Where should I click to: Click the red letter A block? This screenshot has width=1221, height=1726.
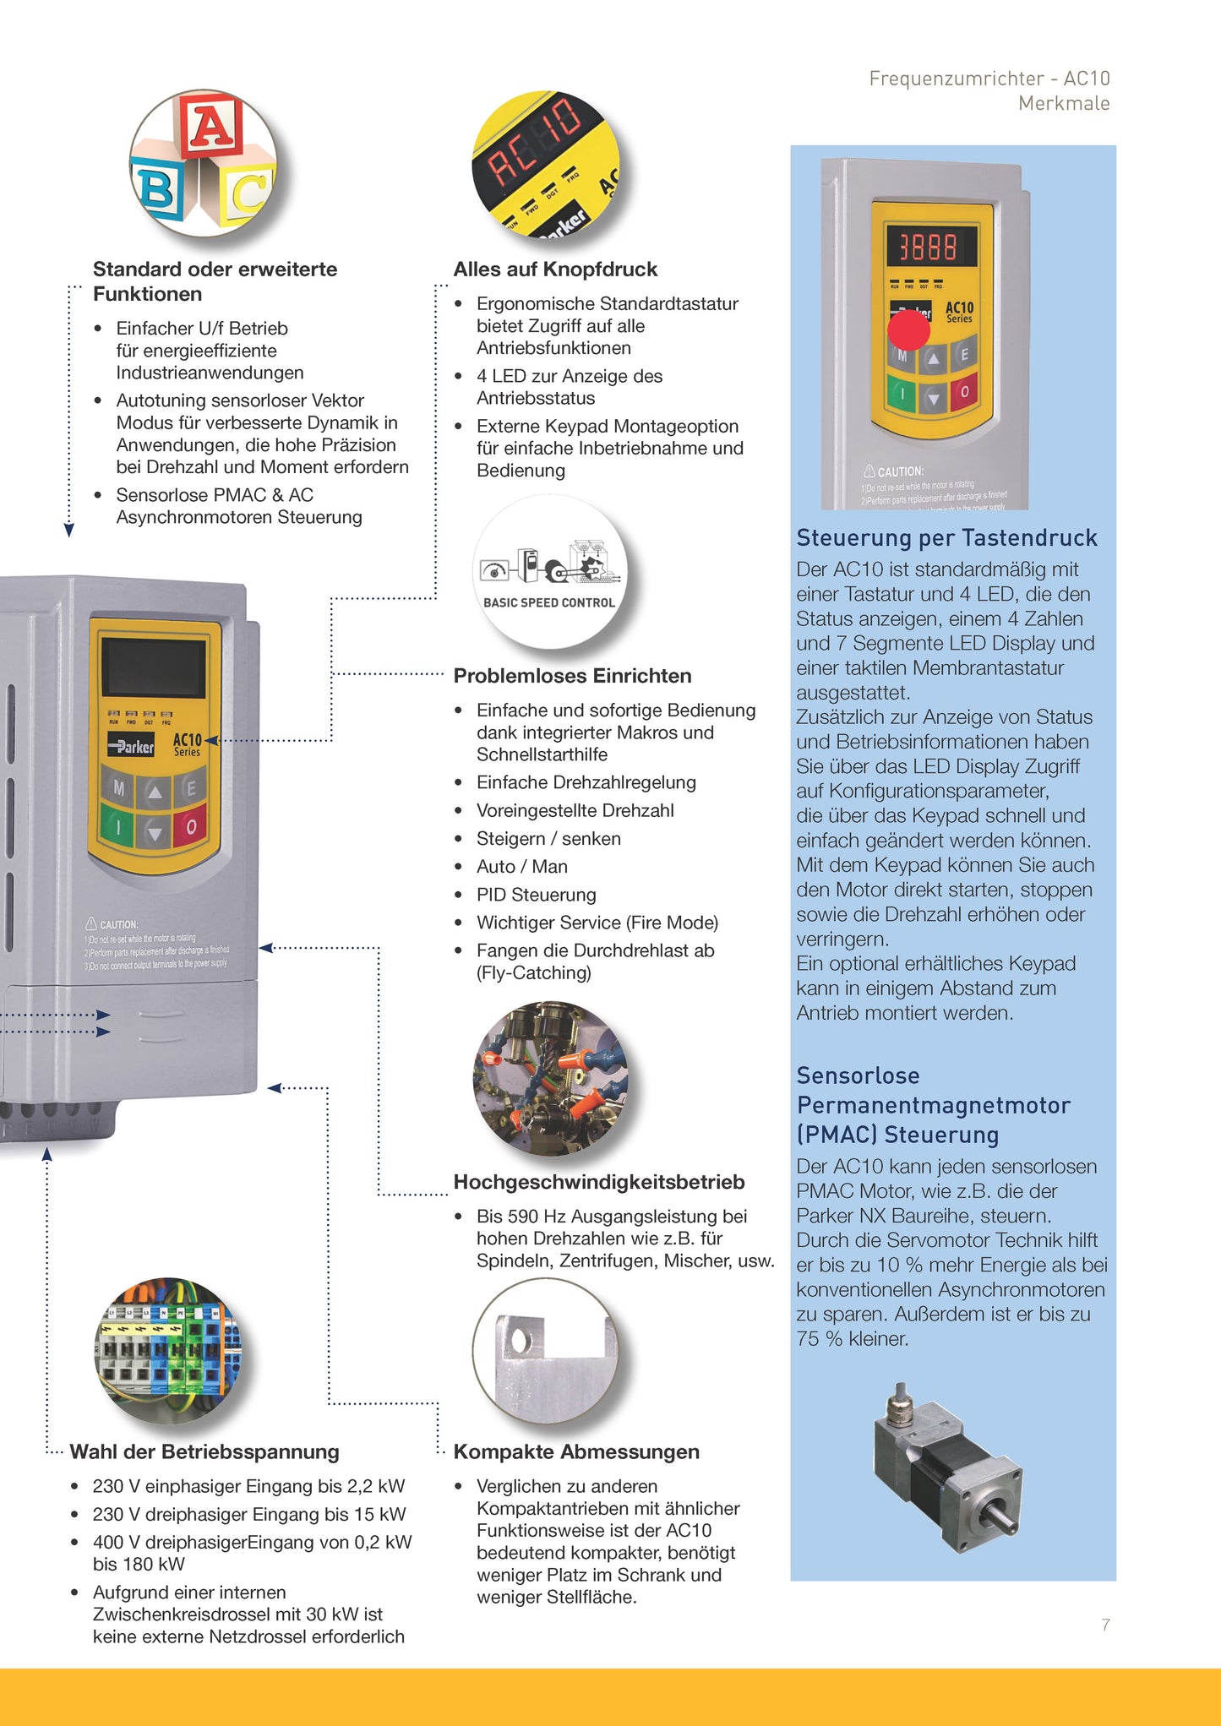coord(210,126)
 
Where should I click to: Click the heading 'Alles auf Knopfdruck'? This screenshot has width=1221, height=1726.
coord(555,270)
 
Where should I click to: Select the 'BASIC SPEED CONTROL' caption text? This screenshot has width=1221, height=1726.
coord(549,602)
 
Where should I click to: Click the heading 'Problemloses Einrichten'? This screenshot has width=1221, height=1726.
coord(572,676)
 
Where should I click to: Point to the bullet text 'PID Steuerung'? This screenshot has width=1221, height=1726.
coord(536,895)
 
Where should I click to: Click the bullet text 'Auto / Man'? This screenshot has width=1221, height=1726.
coord(521,867)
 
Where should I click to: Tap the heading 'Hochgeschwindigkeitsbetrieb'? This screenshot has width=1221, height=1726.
coord(599,1182)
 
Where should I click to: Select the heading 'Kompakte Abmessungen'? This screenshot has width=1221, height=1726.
coord(576,1452)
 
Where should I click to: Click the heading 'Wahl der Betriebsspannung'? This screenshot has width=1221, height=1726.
coord(204,1452)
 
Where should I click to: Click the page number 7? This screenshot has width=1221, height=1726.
coord(1105,1625)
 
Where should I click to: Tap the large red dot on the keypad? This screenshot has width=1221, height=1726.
coord(908,329)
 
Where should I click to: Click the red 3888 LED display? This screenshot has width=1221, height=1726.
coord(929,247)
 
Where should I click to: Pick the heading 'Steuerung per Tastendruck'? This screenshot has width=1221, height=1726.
coord(946,538)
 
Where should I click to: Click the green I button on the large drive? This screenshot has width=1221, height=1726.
coord(118,827)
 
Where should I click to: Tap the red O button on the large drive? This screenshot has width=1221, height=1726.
coord(191,826)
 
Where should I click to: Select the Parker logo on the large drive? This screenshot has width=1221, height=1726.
coord(131,746)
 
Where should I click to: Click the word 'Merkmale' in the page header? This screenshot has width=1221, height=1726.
coord(1063,104)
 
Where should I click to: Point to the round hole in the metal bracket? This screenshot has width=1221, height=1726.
coord(520,1340)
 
